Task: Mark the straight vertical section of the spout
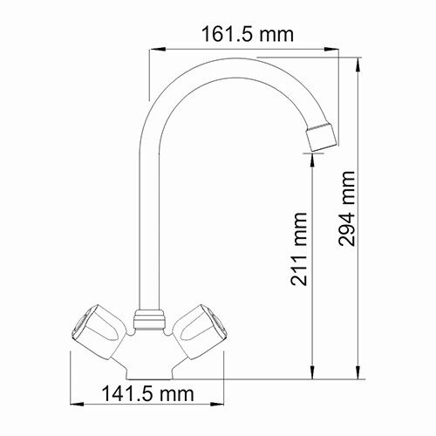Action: coord(146,218)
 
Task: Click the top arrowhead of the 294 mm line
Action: coord(360,61)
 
